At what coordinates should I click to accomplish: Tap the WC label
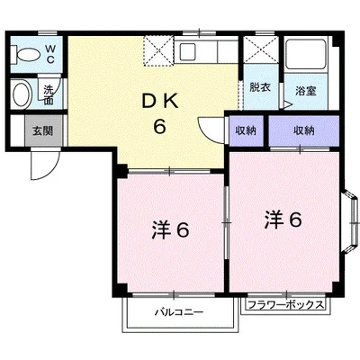click(x=50, y=54)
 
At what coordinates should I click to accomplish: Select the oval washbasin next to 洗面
click(x=22, y=94)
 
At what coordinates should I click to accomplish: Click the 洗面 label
click(x=49, y=94)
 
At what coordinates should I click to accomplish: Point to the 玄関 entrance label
click(x=43, y=130)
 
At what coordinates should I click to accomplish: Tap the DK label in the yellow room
click(x=160, y=103)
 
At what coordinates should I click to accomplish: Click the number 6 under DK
click(x=160, y=126)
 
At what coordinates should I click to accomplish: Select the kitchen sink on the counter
click(x=187, y=51)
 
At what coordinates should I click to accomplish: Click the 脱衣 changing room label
click(x=260, y=87)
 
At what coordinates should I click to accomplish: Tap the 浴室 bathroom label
click(x=306, y=91)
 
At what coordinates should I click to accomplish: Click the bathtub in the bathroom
click(x=306, y=54)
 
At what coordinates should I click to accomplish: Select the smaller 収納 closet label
click(x=246, y=130)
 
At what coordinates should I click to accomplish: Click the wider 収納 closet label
click(x=304, y=130)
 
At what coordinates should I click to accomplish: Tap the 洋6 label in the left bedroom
click(x=170, y=230)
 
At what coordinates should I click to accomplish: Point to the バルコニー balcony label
click(x=179, y=312)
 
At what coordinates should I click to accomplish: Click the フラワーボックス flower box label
click(x=286, y=305)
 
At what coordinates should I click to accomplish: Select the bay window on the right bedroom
click(x=351, y=222)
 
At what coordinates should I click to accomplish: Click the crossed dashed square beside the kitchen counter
click(x=158, y=50)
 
